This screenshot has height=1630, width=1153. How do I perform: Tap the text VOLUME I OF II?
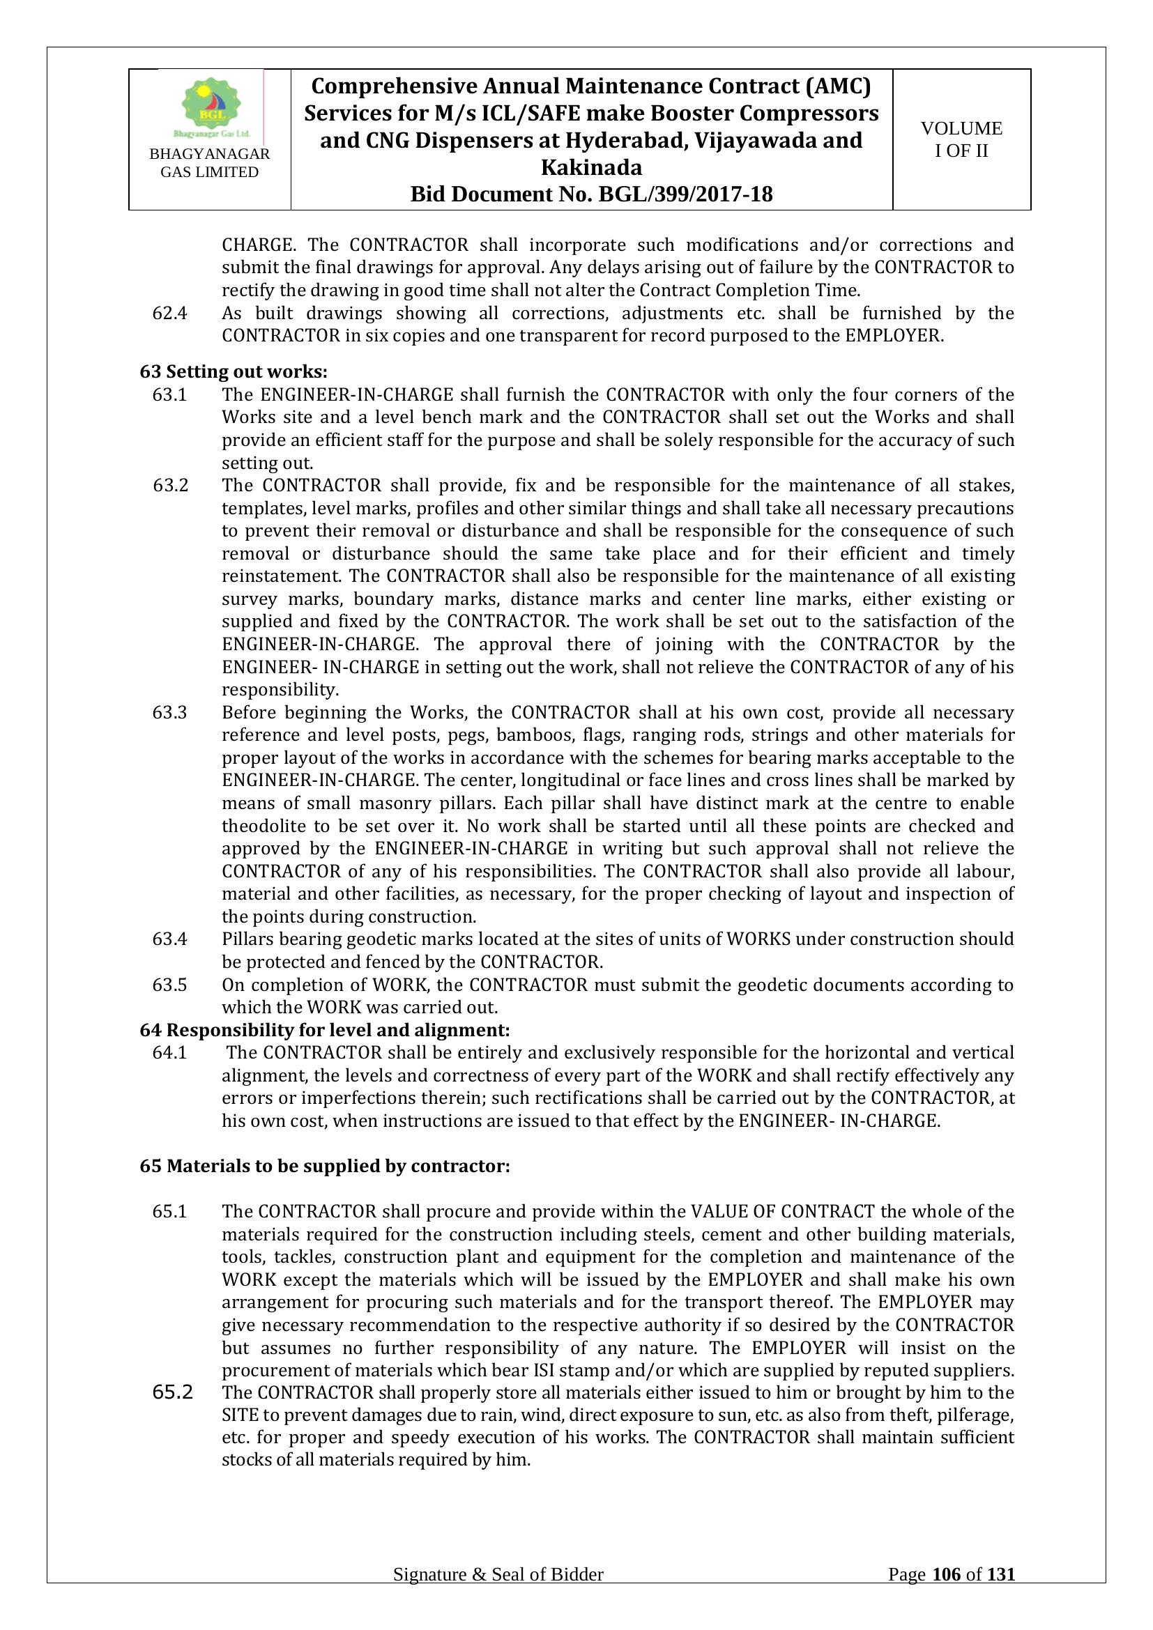[x=961, y=139]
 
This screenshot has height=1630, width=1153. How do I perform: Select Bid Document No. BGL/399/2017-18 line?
[x=591, y=194]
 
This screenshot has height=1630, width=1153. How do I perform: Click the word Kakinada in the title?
[x=591, y=167]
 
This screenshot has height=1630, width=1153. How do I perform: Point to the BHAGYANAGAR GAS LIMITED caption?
[x=209, y=163]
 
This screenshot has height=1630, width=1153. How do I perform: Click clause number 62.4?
[x=169, y=313]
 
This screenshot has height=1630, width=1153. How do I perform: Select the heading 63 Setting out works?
[x=234, y=371]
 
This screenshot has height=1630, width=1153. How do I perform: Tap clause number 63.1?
[x=169, y=394]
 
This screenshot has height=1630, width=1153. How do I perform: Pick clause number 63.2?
[x=170, y=486]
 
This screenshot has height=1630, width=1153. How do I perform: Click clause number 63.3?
[x=169, y=712]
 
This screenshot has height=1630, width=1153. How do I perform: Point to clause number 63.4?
[x=169, y=939]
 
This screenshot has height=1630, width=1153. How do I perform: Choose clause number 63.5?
[x=169, y=985]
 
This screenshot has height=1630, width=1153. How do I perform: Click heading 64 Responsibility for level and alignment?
[x=324, y=1029]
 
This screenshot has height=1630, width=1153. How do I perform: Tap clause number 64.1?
[x=169, y=1052]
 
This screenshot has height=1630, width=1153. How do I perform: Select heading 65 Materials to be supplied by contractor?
[x=324, y=1166]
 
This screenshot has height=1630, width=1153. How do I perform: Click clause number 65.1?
[x=169, y=1211]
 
